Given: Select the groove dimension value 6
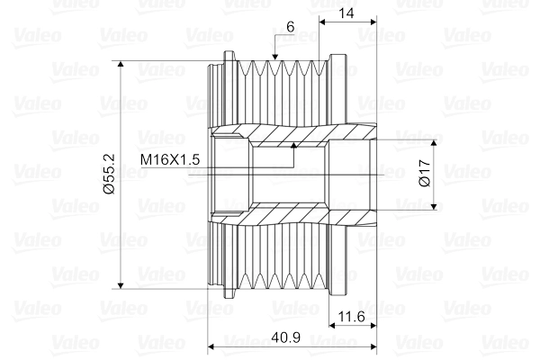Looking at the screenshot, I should [x=290, y=28].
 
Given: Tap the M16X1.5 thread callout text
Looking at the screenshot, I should [x=169, y=159].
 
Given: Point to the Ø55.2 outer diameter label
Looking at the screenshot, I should [x=107, y=175].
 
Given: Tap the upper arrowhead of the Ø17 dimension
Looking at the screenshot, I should [x=438, y=143].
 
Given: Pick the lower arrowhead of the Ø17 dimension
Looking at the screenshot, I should [x=438, y=205].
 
